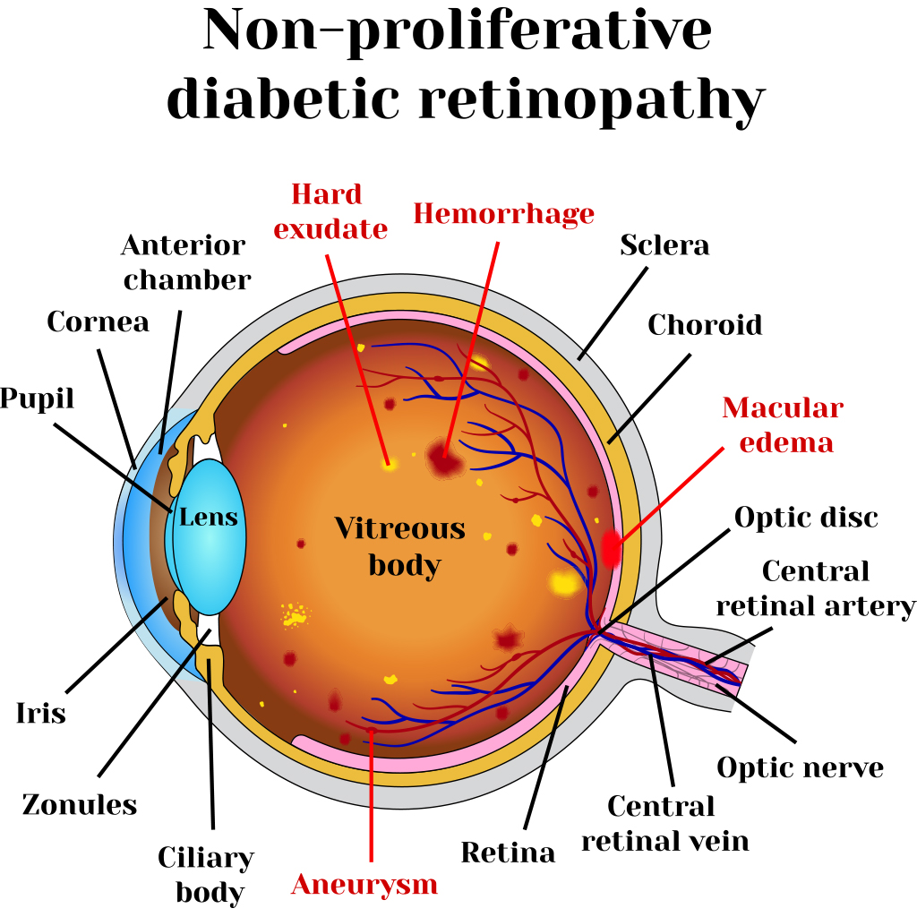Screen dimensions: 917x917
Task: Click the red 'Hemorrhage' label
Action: click(503, 214)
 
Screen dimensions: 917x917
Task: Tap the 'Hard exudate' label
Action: click(330, 211)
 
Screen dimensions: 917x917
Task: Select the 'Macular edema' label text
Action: click(782, 424)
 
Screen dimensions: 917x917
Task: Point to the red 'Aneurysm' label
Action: click(364, 884)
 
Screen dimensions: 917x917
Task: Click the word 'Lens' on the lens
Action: click(209, 517)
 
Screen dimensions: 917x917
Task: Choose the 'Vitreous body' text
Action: click(400, 546)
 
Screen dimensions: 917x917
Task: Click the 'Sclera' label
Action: click(664, 245)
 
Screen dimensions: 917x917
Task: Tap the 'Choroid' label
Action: click(704, 324)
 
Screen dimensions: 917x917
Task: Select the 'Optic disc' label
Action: click(806, 517)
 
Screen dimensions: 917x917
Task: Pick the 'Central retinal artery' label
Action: click(815, 588)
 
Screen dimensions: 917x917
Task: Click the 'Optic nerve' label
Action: click(800, 767)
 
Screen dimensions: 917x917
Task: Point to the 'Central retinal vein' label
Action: click(664, 824)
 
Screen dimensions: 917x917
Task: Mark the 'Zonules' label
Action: click(80, 804)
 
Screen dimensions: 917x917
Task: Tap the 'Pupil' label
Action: click(37, 399)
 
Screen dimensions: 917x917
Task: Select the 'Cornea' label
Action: click(98, 321)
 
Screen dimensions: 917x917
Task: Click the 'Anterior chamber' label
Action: click(185, 262)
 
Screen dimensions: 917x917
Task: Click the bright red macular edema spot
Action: click(612, 547)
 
